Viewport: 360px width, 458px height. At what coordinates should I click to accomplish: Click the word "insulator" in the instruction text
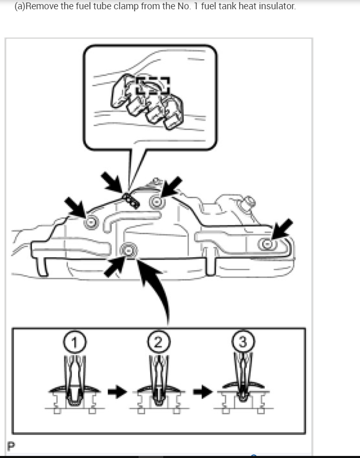276,7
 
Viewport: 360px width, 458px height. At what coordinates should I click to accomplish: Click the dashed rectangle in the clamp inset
152,86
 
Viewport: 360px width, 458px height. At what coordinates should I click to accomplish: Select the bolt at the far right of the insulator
267,244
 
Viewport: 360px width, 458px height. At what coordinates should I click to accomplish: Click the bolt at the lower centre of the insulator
128,251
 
